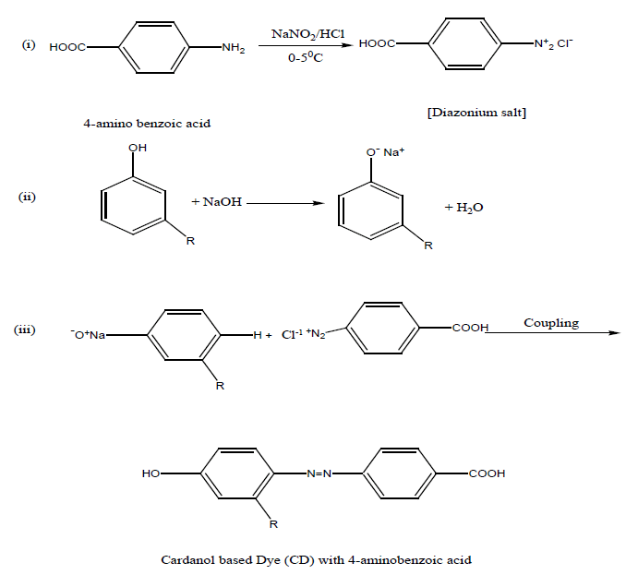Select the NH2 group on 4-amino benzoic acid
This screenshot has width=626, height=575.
tap(233, 47)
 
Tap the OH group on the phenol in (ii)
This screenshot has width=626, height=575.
tap(137, 148)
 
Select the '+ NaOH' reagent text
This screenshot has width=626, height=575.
tap(217, 201)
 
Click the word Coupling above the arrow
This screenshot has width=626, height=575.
tap(551, 323)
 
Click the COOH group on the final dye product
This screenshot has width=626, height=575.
tap(487, 473)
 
